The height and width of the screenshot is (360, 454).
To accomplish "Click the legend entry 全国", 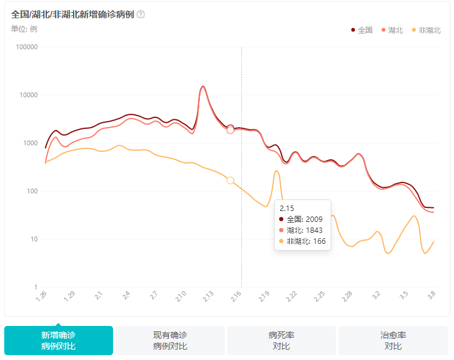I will click(362, 30).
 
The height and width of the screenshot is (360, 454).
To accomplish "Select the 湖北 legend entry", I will click(392, 30).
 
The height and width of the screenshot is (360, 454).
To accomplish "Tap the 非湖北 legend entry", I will click(426, 30).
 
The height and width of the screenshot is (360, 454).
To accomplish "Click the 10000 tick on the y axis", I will click(29, 95).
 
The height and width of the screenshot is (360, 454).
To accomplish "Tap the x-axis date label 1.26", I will click(41, 296).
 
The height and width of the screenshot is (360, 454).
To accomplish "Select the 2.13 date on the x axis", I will click(208, 296).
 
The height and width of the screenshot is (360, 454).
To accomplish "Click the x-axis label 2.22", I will click(292, 296).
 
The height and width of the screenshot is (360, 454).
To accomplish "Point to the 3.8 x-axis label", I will click(432, 296).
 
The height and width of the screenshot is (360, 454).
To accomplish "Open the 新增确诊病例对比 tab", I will click(58, 341).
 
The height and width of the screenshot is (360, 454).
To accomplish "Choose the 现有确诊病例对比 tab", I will click(170, 341).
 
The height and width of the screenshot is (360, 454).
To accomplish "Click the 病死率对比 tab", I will click(281, 341).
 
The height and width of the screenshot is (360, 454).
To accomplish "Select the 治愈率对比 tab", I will click(393, 341).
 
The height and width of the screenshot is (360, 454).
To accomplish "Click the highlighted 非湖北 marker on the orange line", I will click(230, 181).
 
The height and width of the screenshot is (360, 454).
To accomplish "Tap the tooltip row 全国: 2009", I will click(302, 219).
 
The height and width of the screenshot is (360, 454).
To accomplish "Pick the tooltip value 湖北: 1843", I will click(302, 230).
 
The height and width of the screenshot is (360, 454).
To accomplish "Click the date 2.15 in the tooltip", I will click(286, 208).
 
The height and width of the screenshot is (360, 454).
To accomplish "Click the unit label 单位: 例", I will click(24, 29).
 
